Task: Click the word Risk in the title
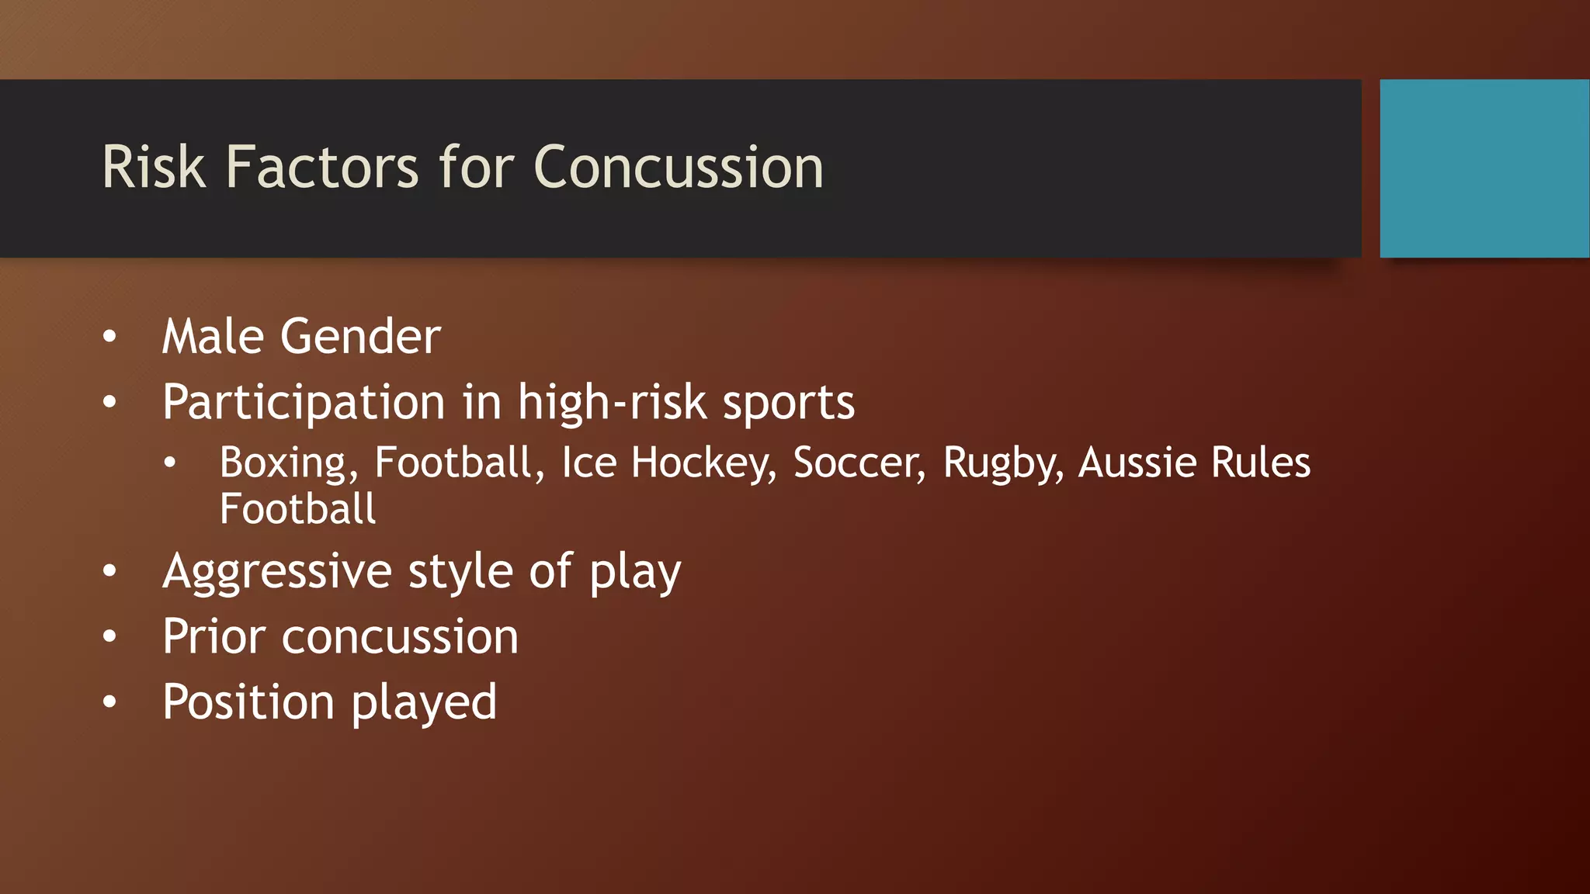[154, 168]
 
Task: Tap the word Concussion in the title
[679, 168]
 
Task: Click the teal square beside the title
[1484, 168]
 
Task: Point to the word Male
[212, 337]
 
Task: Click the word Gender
[360, 337]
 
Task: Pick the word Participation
[304, 404]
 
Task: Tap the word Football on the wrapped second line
[297, 510]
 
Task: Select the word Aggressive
[277, 573]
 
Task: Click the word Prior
[214, 637]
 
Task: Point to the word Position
[248, 702]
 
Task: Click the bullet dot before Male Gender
[109, 337]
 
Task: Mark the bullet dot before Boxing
[170, 463]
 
